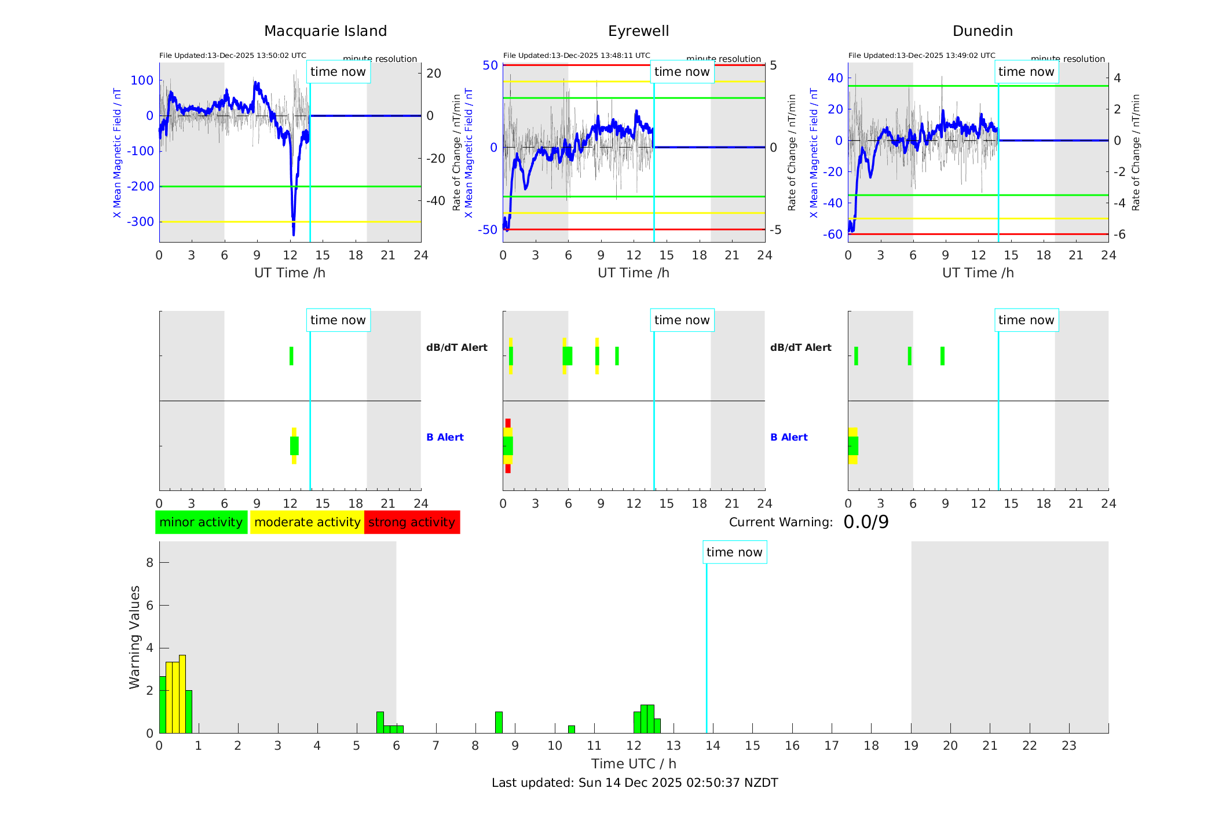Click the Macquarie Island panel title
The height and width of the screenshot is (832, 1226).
pyautogui.click(x=325, y=31)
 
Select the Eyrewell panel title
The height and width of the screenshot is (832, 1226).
pyautogui.click(x=638, y=31)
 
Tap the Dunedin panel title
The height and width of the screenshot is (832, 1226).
pyautogui.click(x=982, y=31)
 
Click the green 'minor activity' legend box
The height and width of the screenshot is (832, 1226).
pyautogui.click(x=201, y=522)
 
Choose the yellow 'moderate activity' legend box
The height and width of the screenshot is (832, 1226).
pyautogui.click(x=307, y=522)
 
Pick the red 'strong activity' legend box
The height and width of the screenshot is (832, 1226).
pyautogui.click(x=412, y=522)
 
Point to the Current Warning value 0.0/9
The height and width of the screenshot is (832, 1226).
pyautogui.click(x=866, y=522)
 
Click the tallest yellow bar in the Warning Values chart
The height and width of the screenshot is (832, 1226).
pyautogui.click(x=182, y=694)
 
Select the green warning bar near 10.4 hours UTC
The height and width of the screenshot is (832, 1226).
pyautogui.click(x=572, y=730)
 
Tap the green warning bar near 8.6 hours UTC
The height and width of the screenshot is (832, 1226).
pyautogui.click(x=499, y=723)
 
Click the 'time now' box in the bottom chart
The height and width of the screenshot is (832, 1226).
pyautogui.click(x=734, y=552)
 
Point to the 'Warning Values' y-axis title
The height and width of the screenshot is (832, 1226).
pyautogui.click(x=135, y=637)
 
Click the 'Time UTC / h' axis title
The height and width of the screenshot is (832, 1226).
pyautogui.click(x=634, y=764)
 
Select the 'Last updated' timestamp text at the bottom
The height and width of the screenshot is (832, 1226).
pyautogui.click(x=635, y=783)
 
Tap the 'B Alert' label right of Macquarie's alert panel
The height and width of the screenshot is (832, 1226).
pyautogui.click(x=445, y=437)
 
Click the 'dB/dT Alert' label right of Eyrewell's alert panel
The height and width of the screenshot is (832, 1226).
pyautogui.click(x=800, y=347)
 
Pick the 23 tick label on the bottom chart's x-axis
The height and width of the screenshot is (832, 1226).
pyautogui.click(x=1069, y=746)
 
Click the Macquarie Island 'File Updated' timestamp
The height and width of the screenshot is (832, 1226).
pyautogui.click(x=233, y=56)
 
